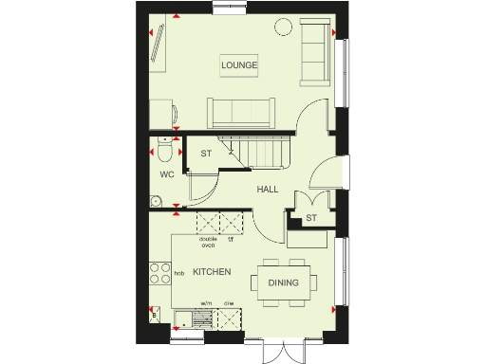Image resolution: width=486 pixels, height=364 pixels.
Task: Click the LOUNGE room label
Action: tap(240, 64)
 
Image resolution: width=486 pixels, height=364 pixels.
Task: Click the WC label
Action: tap(166, 174)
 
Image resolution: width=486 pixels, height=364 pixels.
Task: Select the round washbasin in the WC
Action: tap(156, 201)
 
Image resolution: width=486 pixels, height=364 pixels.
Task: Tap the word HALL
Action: tap(267, 190)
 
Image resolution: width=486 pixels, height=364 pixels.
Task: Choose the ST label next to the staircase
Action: tap(205, 153)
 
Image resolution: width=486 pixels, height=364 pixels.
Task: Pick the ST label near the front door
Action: tap(309, 219)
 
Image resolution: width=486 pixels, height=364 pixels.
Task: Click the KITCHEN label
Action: tap(212, 272)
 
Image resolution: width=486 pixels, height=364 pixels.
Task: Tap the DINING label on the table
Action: tap(283, 282)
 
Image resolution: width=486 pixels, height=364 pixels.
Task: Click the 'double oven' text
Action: tap(208, 242)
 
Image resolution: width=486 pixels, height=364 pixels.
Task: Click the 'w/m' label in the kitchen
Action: tap(205, 303)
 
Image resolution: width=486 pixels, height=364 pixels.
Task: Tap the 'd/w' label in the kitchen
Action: tap(228, 303)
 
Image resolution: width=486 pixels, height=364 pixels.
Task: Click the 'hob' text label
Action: tap(178, 274)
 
